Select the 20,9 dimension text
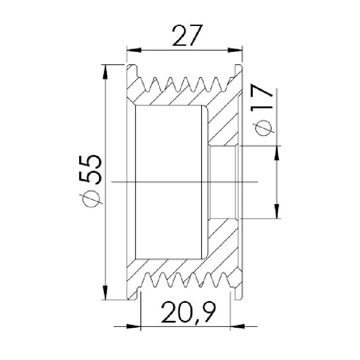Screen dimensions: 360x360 point(188,313)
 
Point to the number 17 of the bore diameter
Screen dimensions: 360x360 point(261,98)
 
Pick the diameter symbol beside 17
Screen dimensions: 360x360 point(263,128)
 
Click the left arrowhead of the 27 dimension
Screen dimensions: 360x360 point(134,50)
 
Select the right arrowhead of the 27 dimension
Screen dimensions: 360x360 point(235,50)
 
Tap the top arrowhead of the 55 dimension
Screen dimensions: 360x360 point(105,72)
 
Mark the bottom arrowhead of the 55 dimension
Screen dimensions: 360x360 point(105,293)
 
